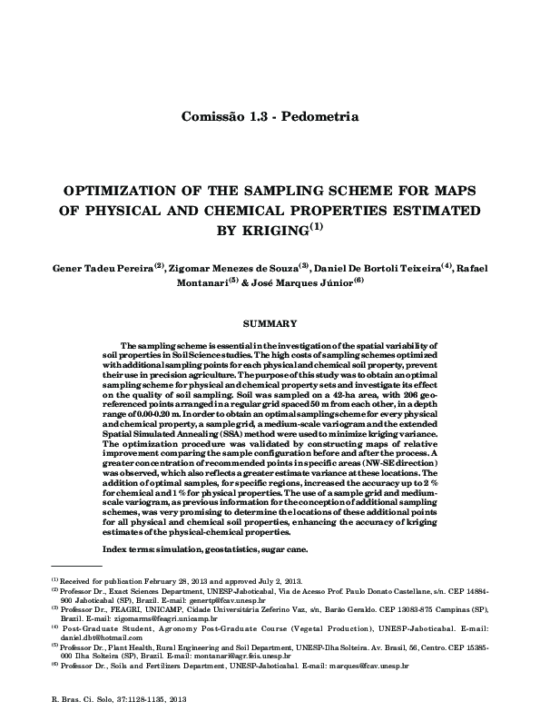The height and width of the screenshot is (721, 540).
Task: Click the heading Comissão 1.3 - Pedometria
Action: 270,117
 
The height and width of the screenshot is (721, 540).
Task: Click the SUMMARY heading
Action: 269,323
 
